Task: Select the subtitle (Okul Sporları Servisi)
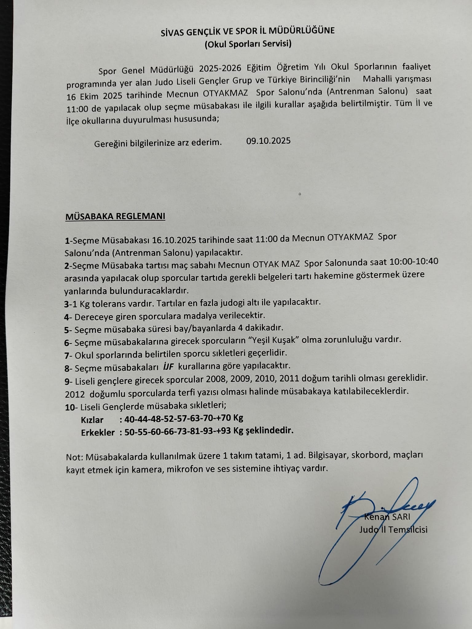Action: point(248,44)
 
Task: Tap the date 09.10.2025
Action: point(268,141)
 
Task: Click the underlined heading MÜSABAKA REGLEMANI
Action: point(115,216)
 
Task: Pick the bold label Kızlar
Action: point(92,420)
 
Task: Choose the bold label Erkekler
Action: point(98,432)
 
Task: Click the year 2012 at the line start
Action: point(74,392)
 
